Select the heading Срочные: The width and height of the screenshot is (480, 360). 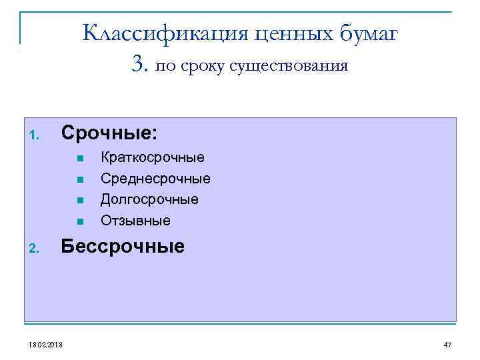[x=109, y=133]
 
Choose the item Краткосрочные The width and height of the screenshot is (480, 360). [x=153, y=158]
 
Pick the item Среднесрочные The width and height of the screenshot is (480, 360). [x=155, y=179]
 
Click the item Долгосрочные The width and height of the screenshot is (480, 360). [x=149, y=199]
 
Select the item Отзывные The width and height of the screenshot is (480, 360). [x=135, y=220]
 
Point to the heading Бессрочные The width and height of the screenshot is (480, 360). [x=123, y=247]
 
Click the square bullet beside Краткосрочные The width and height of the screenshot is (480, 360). [x=79, y=159]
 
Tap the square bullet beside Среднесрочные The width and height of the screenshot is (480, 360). [x=79, y=179]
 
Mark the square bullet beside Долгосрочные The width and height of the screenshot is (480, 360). [x=79, y=200]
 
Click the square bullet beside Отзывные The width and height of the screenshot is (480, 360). [x=79, y=221]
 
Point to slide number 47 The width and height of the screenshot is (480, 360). [x=447, y=344]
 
